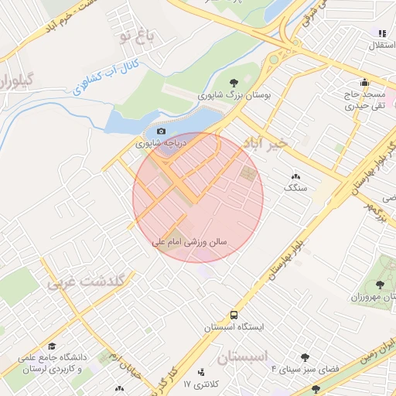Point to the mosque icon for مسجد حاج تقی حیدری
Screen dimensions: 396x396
(x=364, y=84)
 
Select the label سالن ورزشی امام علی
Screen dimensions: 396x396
(x=189, y=242)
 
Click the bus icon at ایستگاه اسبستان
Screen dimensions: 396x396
(x=234, y=315)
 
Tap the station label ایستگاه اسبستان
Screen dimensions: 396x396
(x=234, y=327)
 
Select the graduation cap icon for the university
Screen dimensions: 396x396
(x=52, y=346)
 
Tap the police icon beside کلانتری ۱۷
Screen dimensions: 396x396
(x=203, y=372)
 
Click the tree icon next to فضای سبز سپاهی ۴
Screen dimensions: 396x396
(x=306, y=357)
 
